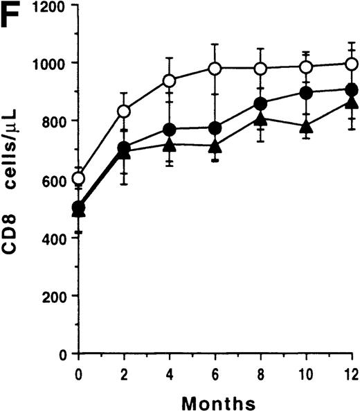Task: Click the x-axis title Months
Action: coord(215,400)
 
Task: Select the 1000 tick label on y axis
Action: coord(51,64)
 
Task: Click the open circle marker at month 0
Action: coord(79,179)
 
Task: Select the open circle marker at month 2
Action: coord(124,111)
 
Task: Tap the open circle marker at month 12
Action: coord(351,64)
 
